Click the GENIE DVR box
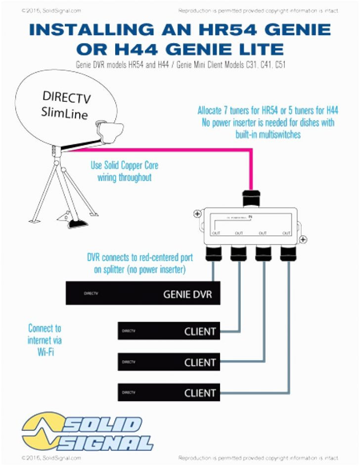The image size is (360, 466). [143, 293]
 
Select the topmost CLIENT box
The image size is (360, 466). [168, 331]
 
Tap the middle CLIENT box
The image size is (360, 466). [168, 362]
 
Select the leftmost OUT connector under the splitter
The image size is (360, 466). [214, 253]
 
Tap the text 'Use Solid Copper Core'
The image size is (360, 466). [124, 166]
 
